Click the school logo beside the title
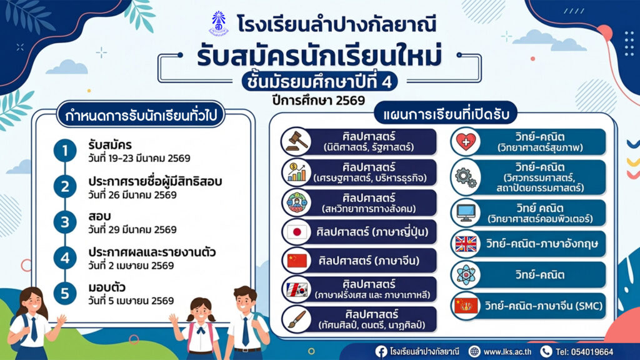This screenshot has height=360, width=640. tap(219, 24)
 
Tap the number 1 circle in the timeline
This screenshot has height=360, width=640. tap(65, 151)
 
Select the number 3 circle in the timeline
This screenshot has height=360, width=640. tap(65, 222)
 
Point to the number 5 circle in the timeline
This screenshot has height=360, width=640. tap(65, 293)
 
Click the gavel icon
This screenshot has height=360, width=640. tap(297, 141)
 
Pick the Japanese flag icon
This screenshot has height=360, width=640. tap(297, 232)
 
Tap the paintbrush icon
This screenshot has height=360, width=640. tap(297, 319)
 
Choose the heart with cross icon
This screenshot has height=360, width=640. tap(466, 142)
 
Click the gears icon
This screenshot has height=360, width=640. tap(466, 177)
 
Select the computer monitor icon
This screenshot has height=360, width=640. tap(466, 212)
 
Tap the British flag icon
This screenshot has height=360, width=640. tap(466, 244)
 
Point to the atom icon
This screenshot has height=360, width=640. tap(466, 275)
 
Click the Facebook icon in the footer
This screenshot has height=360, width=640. tap(381, 351)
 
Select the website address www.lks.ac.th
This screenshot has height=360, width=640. tap(507, 352)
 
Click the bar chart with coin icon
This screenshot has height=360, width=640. tap(297, 172)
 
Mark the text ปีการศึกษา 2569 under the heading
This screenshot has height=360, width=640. tap(318, 101)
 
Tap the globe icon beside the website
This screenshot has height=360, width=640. tap(474, 351)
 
